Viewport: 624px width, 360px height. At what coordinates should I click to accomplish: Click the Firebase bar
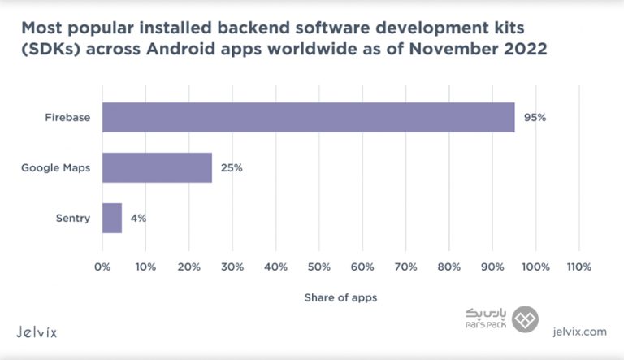coord(308,117)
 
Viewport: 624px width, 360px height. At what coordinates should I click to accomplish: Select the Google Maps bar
coord(157,168)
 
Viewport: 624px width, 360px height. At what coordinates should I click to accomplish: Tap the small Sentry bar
coord(112,218)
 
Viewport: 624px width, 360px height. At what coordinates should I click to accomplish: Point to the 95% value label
coord(535,117)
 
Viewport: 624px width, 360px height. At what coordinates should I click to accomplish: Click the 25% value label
coord(232,168)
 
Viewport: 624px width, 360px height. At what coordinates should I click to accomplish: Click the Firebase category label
coord(67,117)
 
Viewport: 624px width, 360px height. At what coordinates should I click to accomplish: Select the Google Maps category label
coord(55,168)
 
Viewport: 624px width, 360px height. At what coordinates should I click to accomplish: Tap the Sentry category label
coord(72,218)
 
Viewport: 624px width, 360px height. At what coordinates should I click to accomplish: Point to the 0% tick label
coord(102,266)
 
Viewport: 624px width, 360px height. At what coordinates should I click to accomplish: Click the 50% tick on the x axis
coord(319,266)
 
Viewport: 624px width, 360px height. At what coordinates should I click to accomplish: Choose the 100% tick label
coord(535,266)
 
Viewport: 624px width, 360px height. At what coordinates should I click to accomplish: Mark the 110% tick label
coord(578,266)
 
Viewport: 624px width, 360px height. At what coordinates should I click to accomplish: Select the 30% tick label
coord(232,266)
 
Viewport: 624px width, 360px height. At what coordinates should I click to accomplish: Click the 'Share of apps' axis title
coord(340,297)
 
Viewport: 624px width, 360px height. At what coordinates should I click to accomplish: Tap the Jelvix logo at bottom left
coord(37,332)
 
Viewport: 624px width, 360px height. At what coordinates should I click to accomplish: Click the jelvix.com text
coord(578,332)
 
